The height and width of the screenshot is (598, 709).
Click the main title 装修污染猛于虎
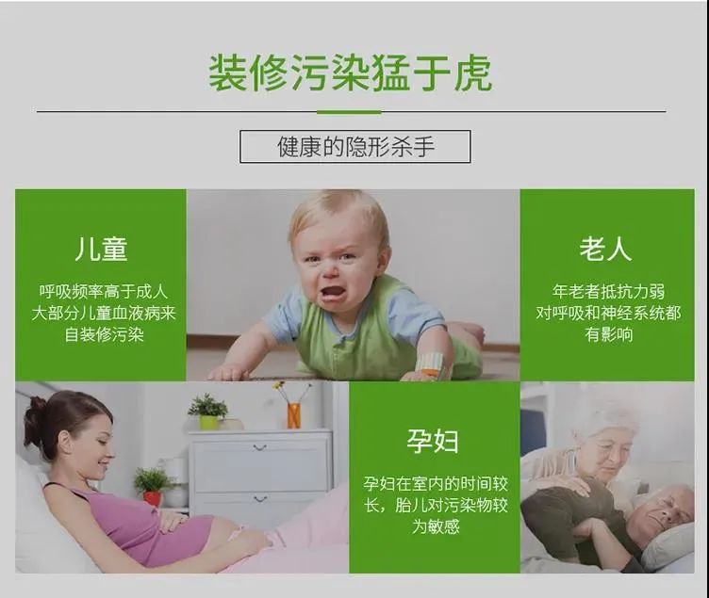pos(350,73)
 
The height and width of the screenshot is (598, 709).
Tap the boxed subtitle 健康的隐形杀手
pos(355,147)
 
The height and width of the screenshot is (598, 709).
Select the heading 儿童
pos(101,249)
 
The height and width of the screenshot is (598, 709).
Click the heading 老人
pos(606,248)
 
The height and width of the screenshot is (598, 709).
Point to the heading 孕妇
pos(433,441)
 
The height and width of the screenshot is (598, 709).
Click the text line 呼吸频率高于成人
pos(104,291)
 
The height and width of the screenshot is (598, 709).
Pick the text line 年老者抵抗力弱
pos(608,291)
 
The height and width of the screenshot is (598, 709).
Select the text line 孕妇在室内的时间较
pos(436,484)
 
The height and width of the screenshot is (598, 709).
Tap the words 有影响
pos(609,334)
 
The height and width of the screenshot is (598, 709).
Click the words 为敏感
pos(436,526)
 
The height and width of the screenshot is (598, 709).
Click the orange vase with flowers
pos(293,415)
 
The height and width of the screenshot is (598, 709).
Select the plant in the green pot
pos(208,411)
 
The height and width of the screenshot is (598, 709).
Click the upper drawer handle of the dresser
pos(259,447)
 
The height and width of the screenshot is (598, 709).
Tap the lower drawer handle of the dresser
pos(259,499)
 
